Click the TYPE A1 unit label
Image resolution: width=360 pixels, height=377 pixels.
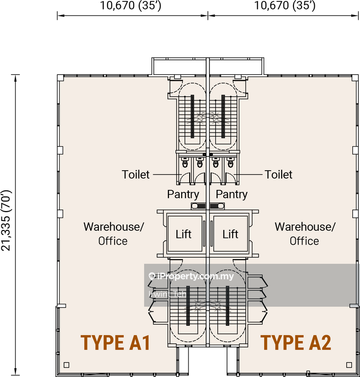(x=116, y=343)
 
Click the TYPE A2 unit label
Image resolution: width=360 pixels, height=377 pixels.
(x=296, y=343)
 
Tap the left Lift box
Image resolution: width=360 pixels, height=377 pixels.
(x=184, y=234)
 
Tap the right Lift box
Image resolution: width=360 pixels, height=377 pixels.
(x=230, y=234)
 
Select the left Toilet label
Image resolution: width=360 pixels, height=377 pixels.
(x=135, y=174)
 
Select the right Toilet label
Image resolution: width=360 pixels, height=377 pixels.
(x=278, y=174)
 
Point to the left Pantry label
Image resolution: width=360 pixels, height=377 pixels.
(x=183, y=195)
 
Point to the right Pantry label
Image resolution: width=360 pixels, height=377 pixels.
(x=232, y=195)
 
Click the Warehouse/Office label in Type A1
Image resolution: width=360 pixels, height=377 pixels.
(x=113, y=234)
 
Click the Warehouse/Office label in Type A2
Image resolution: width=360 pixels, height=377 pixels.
(x=305, y=234)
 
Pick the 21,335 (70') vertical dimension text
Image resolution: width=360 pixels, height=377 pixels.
(x=6, y=221)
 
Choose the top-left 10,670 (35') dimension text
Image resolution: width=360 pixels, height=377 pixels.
(x=131, y=6)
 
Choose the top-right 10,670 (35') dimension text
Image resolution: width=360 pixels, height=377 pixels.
(x=285, y=6)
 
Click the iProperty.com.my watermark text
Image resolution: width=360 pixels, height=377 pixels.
(x=192, y=276)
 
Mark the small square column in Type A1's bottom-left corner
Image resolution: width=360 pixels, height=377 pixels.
(x=67, y=365)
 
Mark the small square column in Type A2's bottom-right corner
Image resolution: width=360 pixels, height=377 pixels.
(x=349, y=365)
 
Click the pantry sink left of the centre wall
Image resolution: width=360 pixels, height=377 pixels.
(x=199, y=206)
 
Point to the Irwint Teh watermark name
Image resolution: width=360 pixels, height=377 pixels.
(x=167, y=294)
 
